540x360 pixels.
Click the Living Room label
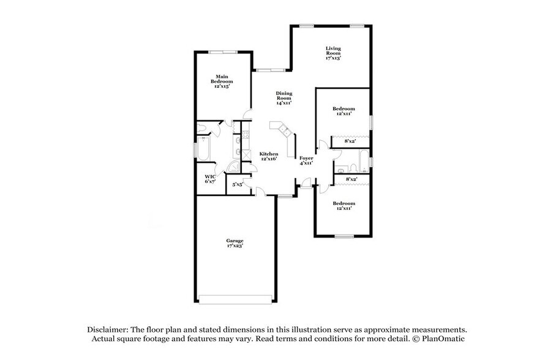333,53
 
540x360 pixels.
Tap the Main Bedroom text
222,81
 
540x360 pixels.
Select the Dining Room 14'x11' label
283,98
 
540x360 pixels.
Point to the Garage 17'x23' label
235,243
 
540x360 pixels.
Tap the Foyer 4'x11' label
306,160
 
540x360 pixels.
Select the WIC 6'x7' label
210,179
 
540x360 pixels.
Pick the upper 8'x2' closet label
351,141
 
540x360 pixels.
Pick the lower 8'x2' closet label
351,179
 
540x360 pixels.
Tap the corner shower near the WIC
234,167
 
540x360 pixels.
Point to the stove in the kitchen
246,154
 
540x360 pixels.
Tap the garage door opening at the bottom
236,299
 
